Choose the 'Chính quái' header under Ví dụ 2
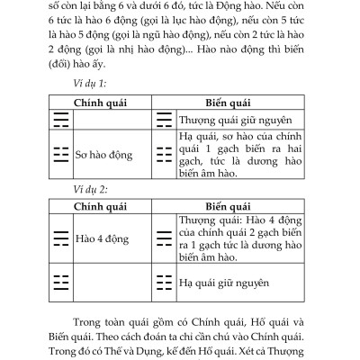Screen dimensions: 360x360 point(102,206)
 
